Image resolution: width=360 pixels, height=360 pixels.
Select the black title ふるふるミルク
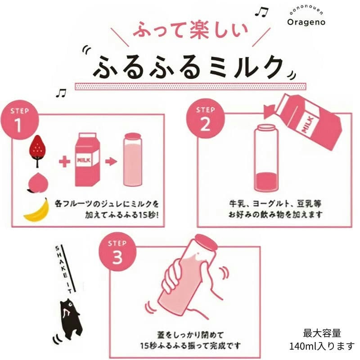(x=189, y=67)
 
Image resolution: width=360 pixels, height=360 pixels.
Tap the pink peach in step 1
(x=36, y=183)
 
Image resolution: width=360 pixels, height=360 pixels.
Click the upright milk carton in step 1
(x=87, y=159)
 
